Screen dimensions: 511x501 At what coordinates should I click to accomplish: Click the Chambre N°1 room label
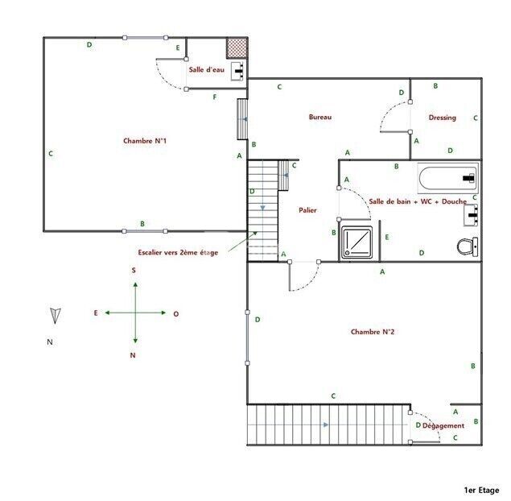[x=145, y=141]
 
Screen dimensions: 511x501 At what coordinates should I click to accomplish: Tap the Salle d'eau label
[x=207, y=69]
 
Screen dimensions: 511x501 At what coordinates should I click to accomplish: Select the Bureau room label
[x=320, y=117]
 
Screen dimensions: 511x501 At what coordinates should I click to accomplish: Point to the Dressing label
[x=443, y=118]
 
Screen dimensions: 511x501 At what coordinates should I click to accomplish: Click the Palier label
[x=307, y=210]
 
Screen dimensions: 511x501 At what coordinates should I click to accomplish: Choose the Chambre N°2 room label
[x=373, y=332]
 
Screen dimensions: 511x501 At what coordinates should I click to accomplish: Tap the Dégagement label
[x=443, y=425]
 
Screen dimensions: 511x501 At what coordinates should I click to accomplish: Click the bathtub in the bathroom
[x=448, y=178]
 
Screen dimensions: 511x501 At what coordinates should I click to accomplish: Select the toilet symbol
[x=468, y=247]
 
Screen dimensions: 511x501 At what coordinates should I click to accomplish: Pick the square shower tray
[x=356, y=242]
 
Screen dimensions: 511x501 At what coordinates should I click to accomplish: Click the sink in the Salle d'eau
[x=238, y=71]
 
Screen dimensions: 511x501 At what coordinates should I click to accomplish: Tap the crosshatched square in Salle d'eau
[x=237, y=48]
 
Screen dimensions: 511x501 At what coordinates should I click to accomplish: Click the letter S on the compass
[x=134, y=270]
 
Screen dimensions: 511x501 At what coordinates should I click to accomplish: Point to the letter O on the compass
[x=176, y=314]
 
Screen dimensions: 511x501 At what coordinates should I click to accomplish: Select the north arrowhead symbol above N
[x=55, y=316]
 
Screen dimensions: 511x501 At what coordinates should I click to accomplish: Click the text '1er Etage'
[x=481, y=490]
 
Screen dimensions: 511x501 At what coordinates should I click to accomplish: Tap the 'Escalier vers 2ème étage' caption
[x=178, y=252]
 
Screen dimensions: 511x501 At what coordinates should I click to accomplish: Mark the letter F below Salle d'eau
[x=215, y=97]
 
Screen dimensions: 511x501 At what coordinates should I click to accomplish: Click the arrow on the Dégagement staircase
[x=326, y=424]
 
